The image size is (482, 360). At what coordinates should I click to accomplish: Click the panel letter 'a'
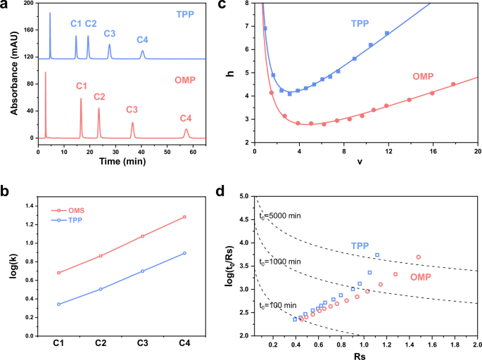[6, 6]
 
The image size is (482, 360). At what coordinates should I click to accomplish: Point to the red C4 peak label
[186, 118]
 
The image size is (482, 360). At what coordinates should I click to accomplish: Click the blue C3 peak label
[110, 34]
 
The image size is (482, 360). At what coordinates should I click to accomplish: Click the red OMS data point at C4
[184, 217]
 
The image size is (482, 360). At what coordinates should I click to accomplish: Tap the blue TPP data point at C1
[58, 304]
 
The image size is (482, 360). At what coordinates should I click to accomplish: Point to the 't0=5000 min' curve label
[280, 215]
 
